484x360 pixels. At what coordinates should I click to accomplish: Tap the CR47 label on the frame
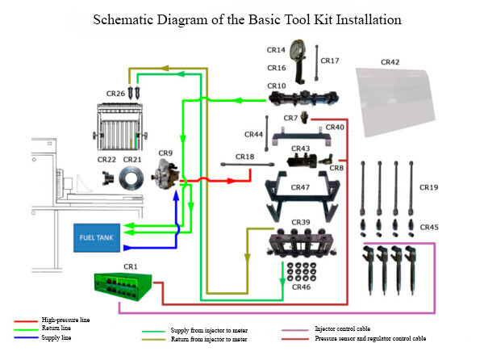coord(300,187)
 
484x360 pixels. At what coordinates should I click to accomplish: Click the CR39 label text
coord(300,222)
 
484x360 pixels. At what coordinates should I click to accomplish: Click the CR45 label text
coord(429,228)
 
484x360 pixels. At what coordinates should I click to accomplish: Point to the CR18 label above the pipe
coord(244,157)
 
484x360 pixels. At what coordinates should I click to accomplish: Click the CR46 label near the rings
coord(300,287)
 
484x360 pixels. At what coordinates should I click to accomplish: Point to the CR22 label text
coord(107,160)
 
